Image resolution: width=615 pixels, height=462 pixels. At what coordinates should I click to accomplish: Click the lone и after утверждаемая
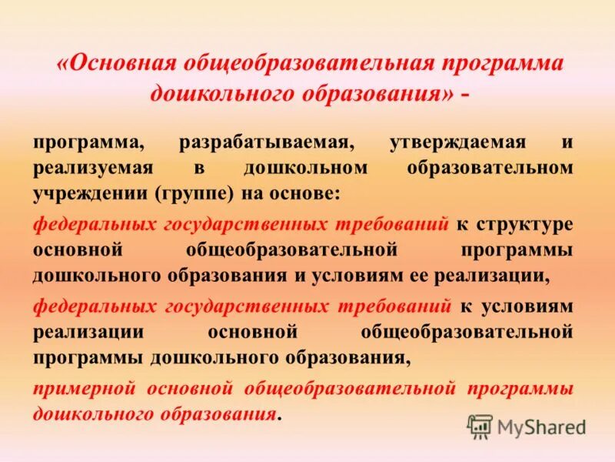[x=567, y=143]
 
